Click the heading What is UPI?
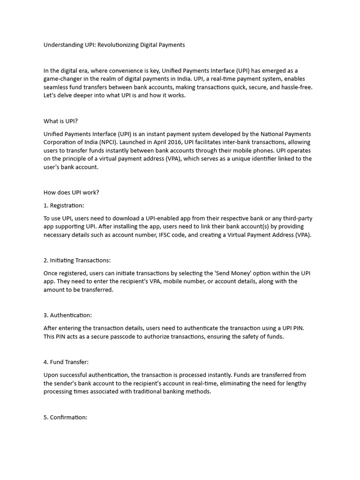coord(60,121)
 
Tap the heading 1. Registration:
coord(64,205)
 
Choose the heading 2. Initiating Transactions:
coord(77,261)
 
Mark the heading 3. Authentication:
coord(67,315)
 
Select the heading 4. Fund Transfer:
coord(66,362)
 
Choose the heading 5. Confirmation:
coord(65,417)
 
